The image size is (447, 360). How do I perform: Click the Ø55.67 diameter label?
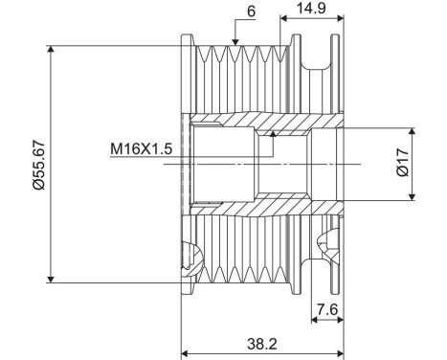[39, 165]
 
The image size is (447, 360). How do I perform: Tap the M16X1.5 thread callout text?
[142, 148]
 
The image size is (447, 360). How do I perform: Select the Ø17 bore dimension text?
[403, 162]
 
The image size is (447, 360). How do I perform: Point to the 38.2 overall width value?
[262, 344]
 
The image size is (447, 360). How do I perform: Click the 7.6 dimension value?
[327, 309]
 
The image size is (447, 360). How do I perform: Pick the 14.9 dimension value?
[311, 8]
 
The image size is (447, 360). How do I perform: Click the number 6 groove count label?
[252, 11]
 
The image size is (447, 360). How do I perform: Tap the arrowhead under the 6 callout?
[235, 42]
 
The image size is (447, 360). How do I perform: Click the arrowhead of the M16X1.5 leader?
[273, 133]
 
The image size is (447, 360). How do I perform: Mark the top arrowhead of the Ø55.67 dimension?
[51, 49]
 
